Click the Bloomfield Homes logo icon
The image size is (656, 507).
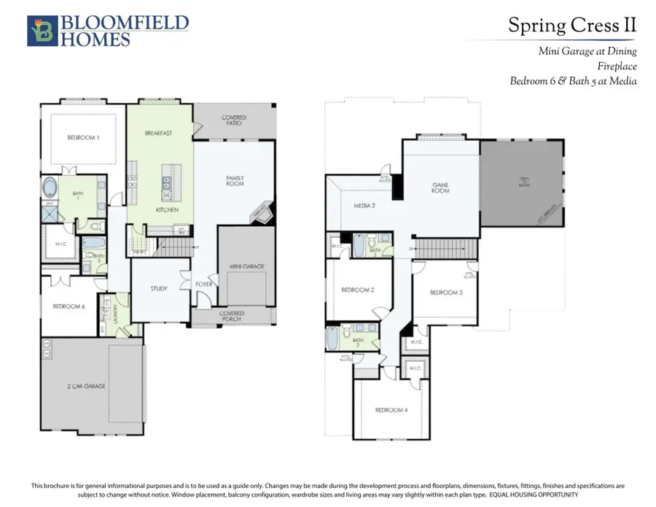point(41,31)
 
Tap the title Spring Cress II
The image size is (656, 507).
point(572,26)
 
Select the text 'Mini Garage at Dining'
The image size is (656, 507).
point(587,51)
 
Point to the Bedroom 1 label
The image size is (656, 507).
point(83,137)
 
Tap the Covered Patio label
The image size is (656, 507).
point(234,120)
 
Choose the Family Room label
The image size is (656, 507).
point(235,181)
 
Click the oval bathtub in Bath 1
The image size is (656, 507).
point(52,187)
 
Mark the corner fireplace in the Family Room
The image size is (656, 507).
point(260,213)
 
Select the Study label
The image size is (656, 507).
point(158,288)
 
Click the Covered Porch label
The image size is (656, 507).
point(233,317)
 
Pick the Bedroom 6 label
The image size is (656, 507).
point(69,306)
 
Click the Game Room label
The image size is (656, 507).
point(440,187)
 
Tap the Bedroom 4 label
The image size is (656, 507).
point(391,410)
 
